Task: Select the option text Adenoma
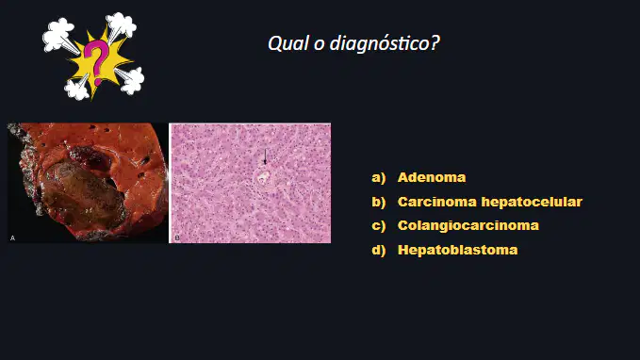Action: point(432,177)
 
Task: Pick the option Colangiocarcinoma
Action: point(468,225)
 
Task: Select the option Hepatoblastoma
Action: point(457,250)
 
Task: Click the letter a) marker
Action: point(379,178)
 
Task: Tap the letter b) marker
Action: point(379,202)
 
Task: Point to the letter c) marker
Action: point(379,226)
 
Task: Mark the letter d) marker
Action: point(379,250)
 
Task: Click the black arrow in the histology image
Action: point(265,156)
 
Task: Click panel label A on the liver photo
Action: point(12,238)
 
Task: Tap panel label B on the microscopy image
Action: point(177,238)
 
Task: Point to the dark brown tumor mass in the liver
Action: point(83,196)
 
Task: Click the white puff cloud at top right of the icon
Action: point(122,25)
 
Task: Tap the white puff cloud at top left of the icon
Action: point(58,35)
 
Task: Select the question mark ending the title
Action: point(435,42)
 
